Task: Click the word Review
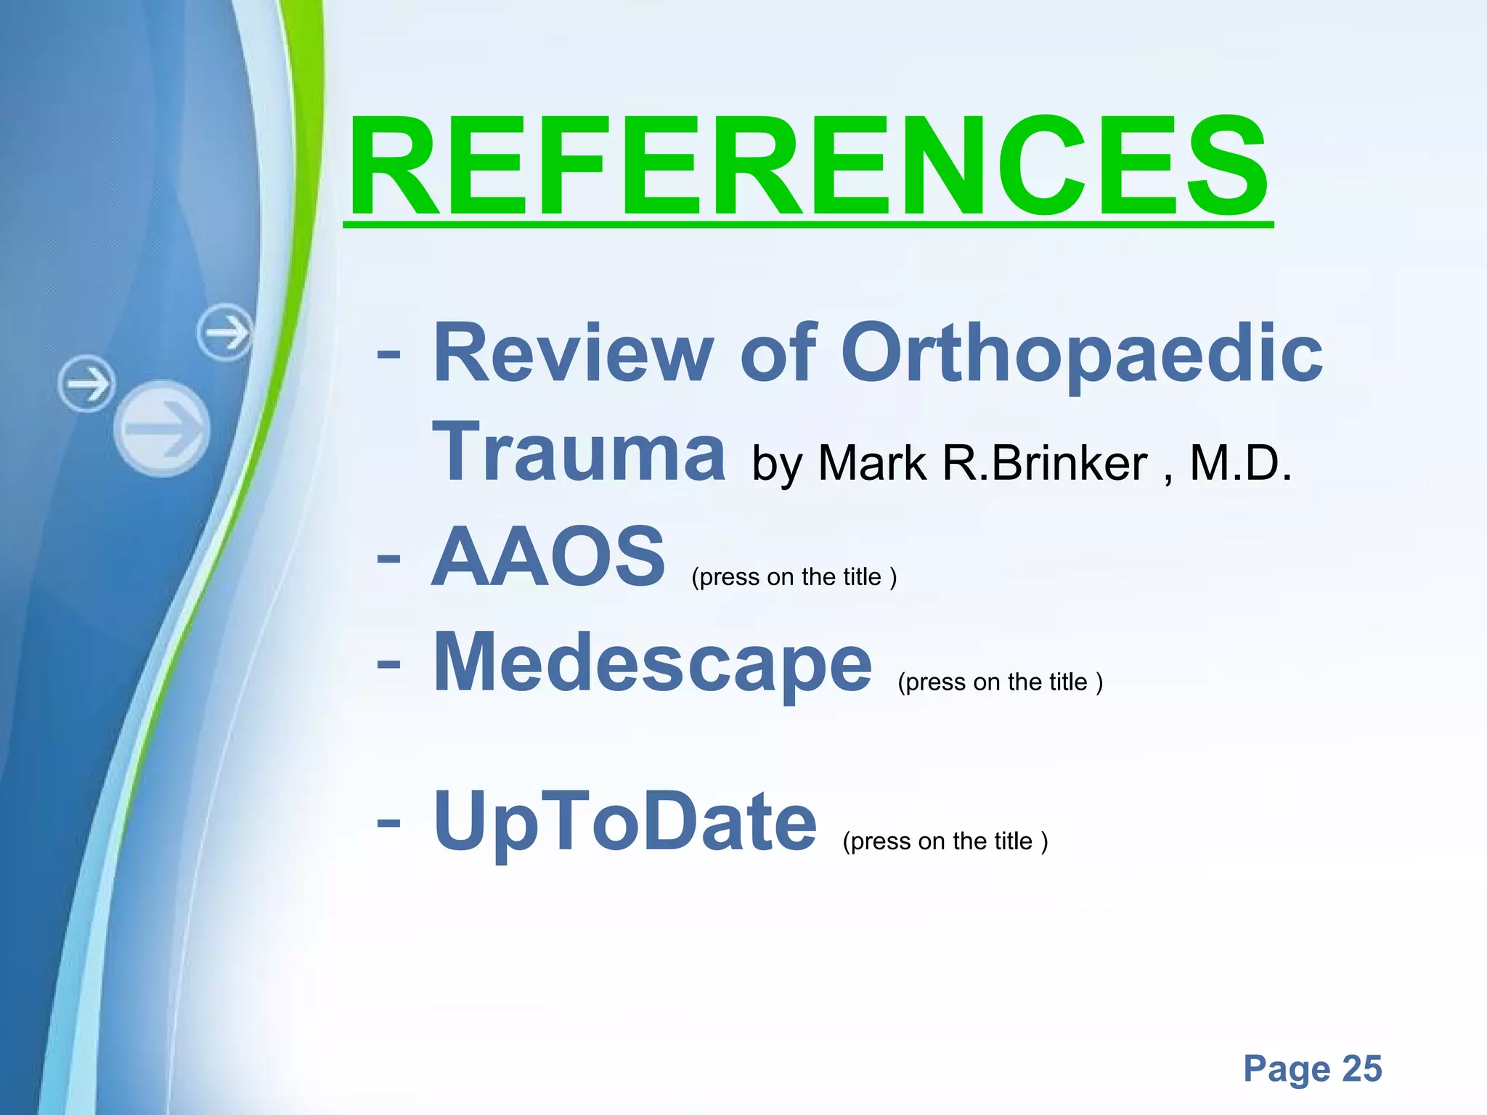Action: coord(573,354)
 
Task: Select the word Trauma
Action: coord(579,453)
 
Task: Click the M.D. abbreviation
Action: coord(1241,463)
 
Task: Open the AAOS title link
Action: coord(548,557)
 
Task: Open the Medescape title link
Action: coord(652,662)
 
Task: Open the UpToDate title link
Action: coord(625,822)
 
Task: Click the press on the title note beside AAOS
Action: coord(794,577)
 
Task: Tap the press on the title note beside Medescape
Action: coord(1000,682)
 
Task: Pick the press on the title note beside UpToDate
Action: coord(945,841)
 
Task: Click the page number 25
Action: coord(1361,1069)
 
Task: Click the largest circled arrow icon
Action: coord(162,429)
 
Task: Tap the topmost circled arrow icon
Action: coord(226,332)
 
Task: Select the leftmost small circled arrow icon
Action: coord(86,383)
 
